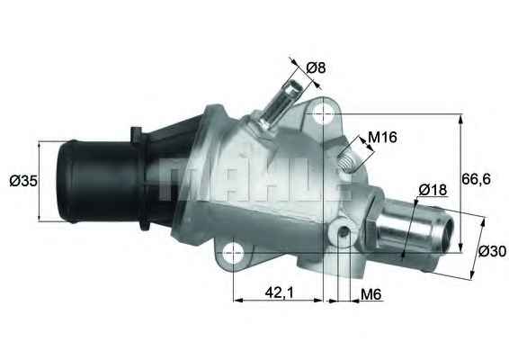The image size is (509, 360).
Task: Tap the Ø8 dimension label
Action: [x=315, y=67]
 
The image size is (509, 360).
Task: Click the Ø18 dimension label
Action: [x=433, y=190]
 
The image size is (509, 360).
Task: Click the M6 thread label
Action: [x=371, y=293]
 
